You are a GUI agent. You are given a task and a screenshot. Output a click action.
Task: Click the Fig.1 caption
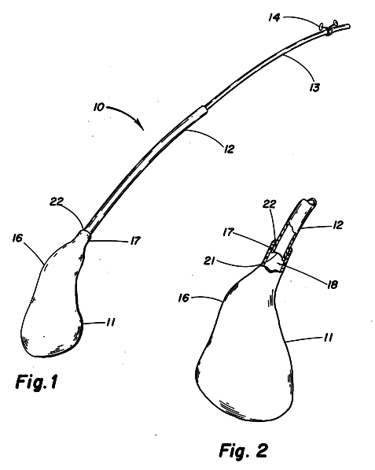[x=36, y=382]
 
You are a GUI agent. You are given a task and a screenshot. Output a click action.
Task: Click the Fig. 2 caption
[x=243, y=450]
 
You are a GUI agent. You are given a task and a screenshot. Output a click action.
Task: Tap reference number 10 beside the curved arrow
[x=98, y=107]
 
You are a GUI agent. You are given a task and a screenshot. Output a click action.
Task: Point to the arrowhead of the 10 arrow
[x=141, y=125]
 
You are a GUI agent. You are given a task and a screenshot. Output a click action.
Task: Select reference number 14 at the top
[x=274, y=17]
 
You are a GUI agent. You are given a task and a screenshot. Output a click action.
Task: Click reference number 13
[x=314, y=87]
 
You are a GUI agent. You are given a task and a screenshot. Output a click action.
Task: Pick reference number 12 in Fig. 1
[x=229, y=149]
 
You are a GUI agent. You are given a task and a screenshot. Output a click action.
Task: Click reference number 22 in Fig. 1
[x=57, y=202]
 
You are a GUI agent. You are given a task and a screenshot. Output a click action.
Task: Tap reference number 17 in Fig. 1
[x=135, y=241]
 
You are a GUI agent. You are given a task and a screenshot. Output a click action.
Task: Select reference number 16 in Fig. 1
[x=17, y=239]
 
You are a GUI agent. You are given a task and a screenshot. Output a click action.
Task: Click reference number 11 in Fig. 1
[x=110, y=323]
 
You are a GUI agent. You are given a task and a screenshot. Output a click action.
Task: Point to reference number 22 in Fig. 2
[x=270, y=204]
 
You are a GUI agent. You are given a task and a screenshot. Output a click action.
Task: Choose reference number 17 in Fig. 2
[x=228, y=232]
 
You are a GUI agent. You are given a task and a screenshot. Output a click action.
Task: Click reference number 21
[x=209, y=261]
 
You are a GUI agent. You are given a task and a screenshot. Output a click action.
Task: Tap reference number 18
[x=333, y=284]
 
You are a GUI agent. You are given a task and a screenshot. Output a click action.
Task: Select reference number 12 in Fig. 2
[x=337, y=225]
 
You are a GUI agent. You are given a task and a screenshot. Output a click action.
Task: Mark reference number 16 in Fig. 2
[x=184, y=298]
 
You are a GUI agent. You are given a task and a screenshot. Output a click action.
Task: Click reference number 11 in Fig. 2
[x=328, y=338]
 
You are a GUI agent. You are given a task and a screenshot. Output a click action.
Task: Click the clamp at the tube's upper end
[x=329, y=28]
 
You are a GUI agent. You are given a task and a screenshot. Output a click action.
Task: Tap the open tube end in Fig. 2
[x=311, y=202]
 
